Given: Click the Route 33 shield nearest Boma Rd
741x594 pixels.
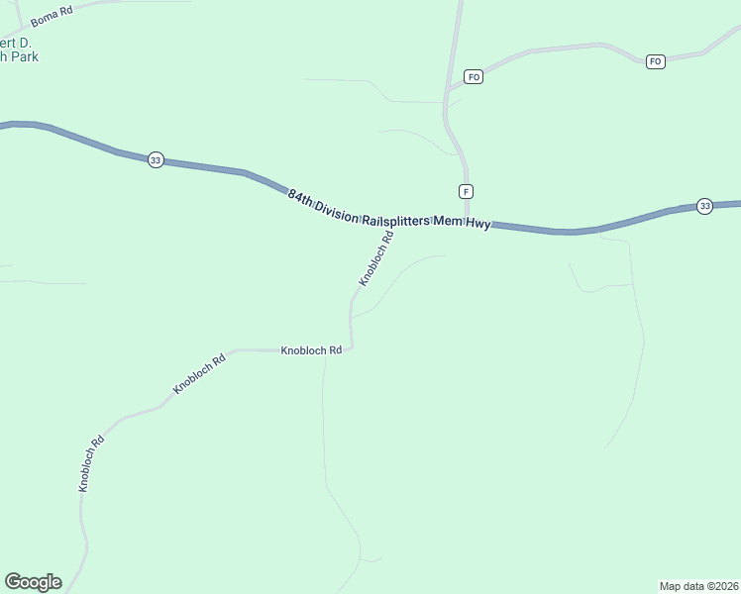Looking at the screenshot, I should [x=156, y=160].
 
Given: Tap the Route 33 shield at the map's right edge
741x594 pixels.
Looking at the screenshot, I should [x=704, y=206].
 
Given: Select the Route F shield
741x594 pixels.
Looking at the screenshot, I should [x=465, y=191].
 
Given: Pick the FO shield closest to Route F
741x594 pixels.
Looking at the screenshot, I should [x=474, y=76].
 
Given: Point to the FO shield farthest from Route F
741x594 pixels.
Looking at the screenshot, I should [x=655, y=61].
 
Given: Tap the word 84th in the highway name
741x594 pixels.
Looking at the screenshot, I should [x=301, y=195].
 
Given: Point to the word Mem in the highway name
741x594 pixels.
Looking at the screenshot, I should [x=445, y=223].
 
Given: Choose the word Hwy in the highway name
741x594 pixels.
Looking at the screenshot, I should [x=477, y=225].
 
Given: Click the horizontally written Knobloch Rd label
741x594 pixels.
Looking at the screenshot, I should [x=311, y=350].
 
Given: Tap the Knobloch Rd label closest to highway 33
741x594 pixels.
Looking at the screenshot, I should [x=376, y=259].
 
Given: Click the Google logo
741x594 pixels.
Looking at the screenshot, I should [x=33, y=582].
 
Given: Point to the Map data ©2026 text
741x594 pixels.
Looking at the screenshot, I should [x=698, y=585].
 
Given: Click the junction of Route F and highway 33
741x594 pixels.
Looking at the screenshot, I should [x=467, y=223].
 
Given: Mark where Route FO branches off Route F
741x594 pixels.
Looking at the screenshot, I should [x=447, y=94].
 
